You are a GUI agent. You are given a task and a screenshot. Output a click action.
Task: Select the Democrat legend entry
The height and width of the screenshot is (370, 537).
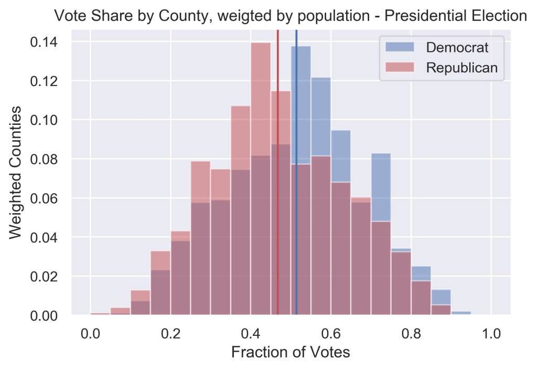(x=457, y=47)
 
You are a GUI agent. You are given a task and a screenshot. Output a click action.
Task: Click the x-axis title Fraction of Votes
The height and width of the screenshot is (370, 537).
(x=291, y=353)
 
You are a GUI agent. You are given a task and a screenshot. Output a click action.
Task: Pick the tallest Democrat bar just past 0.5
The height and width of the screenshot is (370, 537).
(x=301, y=105)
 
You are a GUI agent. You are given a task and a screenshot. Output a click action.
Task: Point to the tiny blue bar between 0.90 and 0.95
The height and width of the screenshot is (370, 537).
(x=461, y=313)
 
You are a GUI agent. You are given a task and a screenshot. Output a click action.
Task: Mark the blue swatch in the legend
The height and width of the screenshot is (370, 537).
(x=400, y=47)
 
